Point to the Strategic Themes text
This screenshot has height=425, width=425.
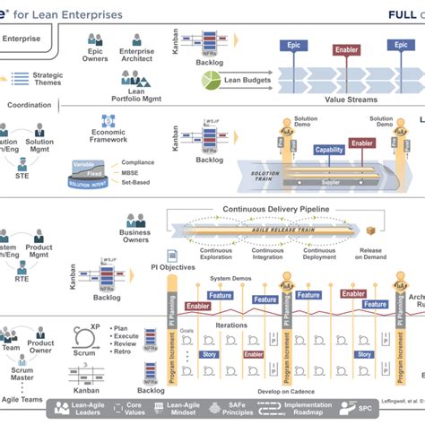point(48,81)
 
